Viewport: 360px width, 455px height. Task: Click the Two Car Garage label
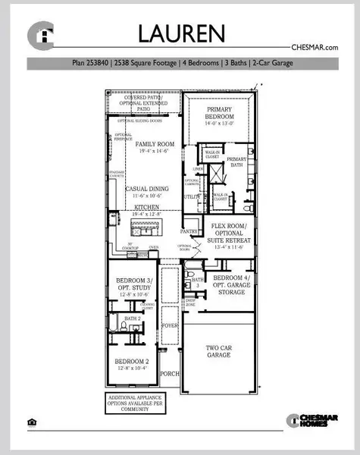[x=220, y=353]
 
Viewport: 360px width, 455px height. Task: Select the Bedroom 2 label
[x=132, y=365]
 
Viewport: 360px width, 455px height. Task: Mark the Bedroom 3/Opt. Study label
[x=132, y=286]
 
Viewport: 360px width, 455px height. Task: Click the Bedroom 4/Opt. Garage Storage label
[x=231, y=284]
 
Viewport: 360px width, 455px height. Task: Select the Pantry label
[x=189, y=230]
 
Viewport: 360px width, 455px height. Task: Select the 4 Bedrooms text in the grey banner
[x=202, y=63]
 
